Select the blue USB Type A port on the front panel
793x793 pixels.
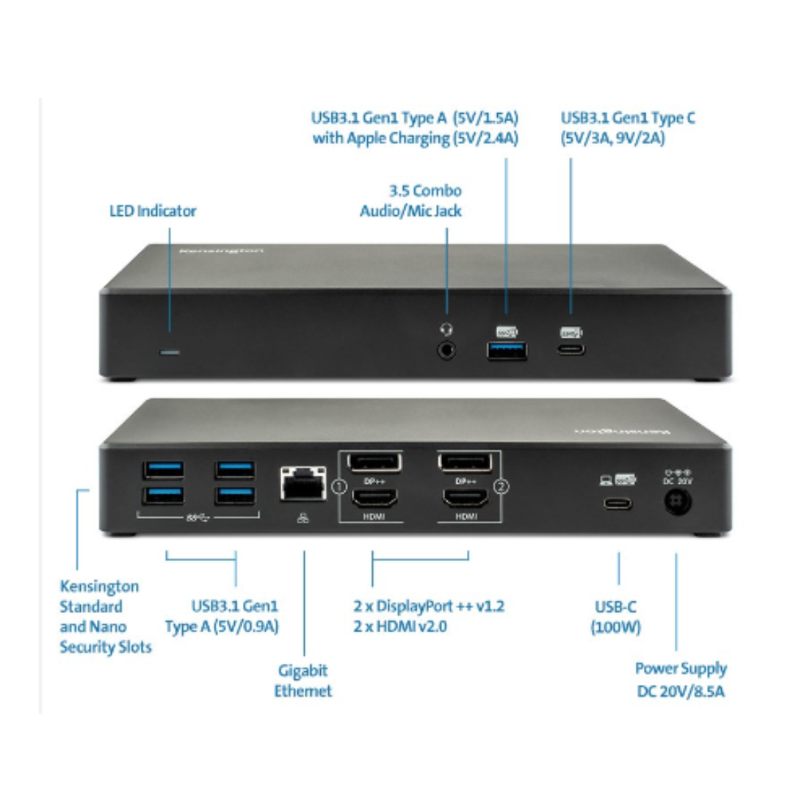(x=507, y=350)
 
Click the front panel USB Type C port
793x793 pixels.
(x=571, y=348)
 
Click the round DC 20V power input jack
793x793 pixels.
(x=677, y=505)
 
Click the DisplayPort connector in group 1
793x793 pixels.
(x=374, y=462)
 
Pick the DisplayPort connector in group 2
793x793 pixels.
(x=464, y=462)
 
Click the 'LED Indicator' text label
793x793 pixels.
(x=153, y=211)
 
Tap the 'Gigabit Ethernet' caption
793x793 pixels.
(x=303, y=681)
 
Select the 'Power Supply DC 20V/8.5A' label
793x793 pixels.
(x=681, y=679)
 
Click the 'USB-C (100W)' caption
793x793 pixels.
(x=616, y=618)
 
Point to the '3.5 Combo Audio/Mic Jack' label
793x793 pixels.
(x=411, y=200)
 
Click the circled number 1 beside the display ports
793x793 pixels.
(x=338, y=486)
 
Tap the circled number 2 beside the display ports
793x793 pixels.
(x=501, y=486)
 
